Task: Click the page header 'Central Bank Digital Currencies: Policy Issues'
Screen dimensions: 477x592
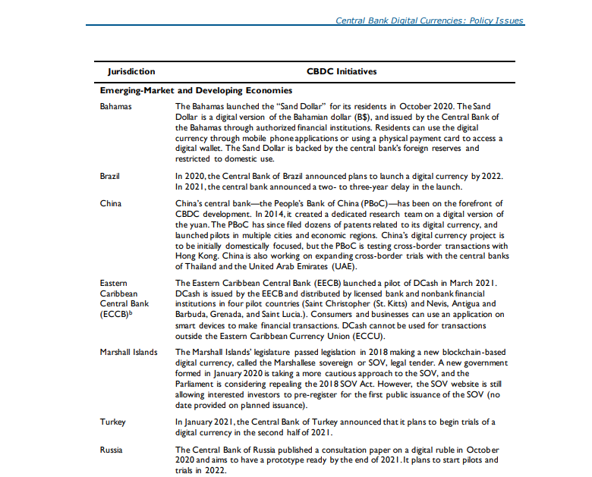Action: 430,20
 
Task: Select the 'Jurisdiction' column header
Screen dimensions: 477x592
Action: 131,72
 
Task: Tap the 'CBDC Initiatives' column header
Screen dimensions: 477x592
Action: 342,72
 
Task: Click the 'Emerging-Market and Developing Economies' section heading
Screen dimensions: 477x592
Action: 197,90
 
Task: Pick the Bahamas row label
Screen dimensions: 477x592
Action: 115,106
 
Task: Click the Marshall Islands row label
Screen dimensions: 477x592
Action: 129,352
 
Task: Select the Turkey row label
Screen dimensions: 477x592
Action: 112,422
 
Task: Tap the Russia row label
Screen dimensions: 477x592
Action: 112,450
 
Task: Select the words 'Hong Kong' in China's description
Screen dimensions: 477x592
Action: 194,256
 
